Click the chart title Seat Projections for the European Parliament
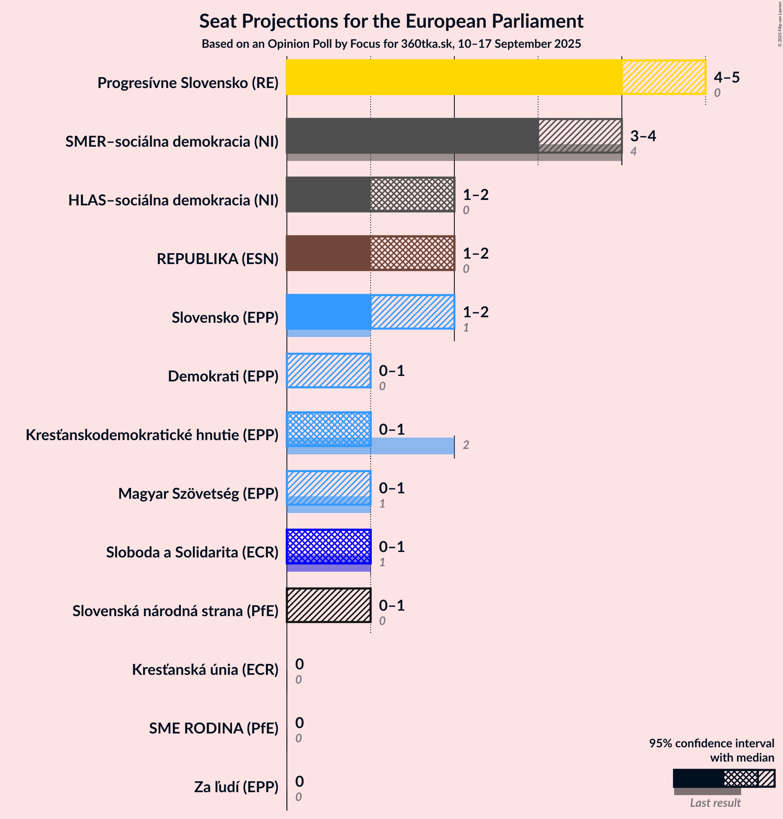pyautogui.click(x=391, y=21)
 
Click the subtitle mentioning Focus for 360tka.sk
pyautogui.click(x=391, y=44)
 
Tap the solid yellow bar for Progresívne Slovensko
pyautogui.click(x=454, y=77)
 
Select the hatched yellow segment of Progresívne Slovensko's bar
pyautogui.click(x=664, y=77)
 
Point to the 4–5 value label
pyautogui.click(x=727, y=77)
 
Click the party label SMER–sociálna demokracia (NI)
pyautogui.click(x=172, y=142)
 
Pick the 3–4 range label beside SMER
pyautogui.click(x=643, y=136)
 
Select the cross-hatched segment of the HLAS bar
pyautogui.click(x=412, y=194)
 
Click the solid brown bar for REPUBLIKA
pyautogui.click(x=328, y=253)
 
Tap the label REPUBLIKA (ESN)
pyautogui.click(x=217, y=259)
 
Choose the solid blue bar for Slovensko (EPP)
pyautogui.click(x=328, y=312)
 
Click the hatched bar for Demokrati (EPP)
pyautogui.click(x=329, y=371)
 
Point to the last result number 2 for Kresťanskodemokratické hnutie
pyautogui.click(x=466, y=445)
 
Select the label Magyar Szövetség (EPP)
pyautogui.click(x=198, y=494)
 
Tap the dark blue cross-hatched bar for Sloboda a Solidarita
pyautogui.click(x=329, y=547)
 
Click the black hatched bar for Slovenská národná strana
pyautogui.click(x=329, y=605)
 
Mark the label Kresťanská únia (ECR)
pyautogui.click(x=205, y=670)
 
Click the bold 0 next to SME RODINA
pyautogui.click(x=299, y=723)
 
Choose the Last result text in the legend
pyautogui.click(x=715, y=803)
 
